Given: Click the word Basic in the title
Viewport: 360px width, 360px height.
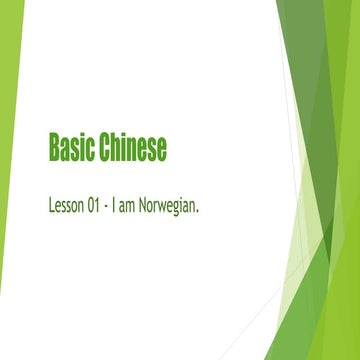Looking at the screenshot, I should point(71,148).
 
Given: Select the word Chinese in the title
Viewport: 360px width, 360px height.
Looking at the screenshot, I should point(132,148).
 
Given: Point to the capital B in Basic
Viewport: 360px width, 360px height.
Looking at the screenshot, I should point(54,148).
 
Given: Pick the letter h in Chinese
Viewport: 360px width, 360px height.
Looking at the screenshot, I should point(117,148).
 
